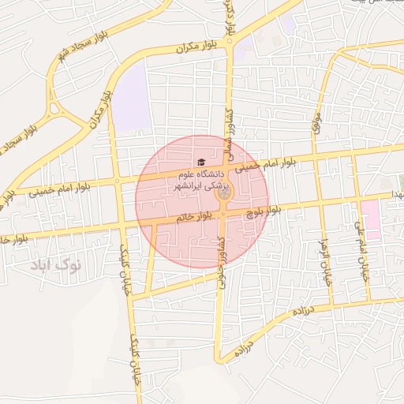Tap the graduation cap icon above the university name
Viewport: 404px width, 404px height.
click(x=200, y=163)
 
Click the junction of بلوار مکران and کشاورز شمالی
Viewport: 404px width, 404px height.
click(x=229, y=45)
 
